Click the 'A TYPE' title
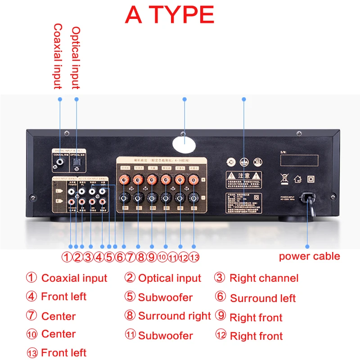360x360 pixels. point(170,15)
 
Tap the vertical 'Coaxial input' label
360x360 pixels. point(58,56)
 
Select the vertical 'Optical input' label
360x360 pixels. point(76,57)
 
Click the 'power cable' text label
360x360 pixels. point(309,256)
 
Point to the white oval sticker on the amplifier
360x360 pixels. point(184,144)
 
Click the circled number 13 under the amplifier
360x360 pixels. point(194,257)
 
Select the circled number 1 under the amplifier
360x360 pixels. point(67,257)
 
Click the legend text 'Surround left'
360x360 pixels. point(263,298)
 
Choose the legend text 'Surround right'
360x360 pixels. point(174,316)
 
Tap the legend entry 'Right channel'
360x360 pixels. point(264,278)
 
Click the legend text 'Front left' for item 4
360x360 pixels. point(63,297)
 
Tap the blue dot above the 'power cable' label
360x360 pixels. point(308,246)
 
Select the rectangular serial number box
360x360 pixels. point(299,160)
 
